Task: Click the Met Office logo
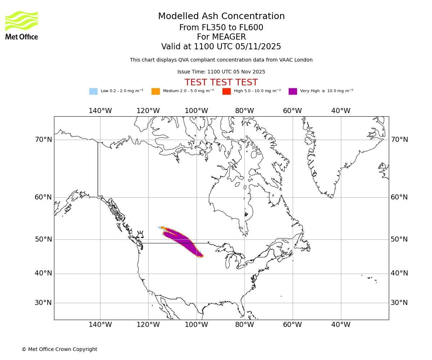click(22, 25)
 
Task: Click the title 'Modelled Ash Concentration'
click(221, 17)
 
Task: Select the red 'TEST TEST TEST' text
click(221, 82)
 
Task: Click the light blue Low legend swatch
click(93, 91)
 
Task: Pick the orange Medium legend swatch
click(156, 91)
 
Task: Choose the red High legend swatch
click(226, 91)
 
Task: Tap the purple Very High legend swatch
click(293, 91)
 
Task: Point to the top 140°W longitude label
click(100, 111)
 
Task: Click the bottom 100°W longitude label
click(196, 325)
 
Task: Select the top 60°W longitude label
click(292, 111)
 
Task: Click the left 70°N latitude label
click(43, 140)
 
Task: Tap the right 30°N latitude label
click(399, 303)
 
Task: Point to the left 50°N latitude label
click(43, 239)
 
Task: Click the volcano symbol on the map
click(140, 234)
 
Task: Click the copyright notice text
click(59, 349)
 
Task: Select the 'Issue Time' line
click(221, 72)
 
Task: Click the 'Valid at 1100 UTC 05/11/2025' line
click(221, 47)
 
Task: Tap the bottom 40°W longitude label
click(341, 325)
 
